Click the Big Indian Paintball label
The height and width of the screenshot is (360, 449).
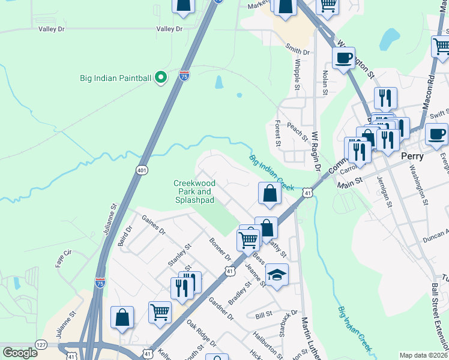116,77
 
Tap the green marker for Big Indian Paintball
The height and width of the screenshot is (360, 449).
160,77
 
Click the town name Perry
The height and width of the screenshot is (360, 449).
412,156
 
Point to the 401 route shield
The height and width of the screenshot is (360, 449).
142,170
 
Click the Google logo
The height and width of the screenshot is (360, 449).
20,353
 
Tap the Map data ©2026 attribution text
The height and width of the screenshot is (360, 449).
423,355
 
